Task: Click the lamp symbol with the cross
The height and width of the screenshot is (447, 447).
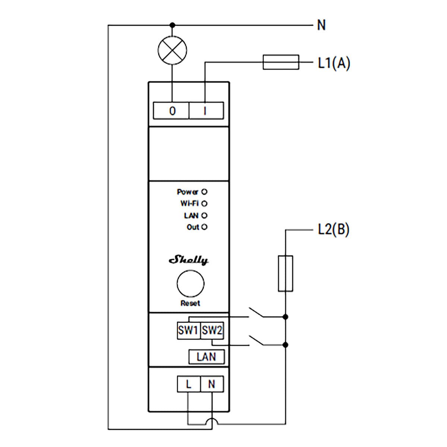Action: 172,50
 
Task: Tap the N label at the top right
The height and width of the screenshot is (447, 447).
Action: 321,25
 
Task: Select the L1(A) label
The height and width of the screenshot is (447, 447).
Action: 334,63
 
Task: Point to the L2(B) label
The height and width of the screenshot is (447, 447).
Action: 334,229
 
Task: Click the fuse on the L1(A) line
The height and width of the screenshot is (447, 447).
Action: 281,62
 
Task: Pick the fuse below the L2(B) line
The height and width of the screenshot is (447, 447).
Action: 285,273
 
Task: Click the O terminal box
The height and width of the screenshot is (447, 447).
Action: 171,111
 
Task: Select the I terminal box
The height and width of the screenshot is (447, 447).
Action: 206,111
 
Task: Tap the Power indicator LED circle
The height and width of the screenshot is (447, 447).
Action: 204,192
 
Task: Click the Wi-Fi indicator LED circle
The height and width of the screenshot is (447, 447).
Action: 204,204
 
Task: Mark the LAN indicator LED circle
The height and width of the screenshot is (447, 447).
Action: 204,216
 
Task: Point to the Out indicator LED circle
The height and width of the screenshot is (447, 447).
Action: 204,227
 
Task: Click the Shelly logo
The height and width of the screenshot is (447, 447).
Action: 189,260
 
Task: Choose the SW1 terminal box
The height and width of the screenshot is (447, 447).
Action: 188,330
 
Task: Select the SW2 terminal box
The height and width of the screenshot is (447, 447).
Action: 212,330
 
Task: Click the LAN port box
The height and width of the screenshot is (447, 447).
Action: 206,357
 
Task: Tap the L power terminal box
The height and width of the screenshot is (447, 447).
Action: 188,384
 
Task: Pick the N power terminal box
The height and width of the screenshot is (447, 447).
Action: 212,384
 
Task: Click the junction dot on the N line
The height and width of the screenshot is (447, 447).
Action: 172,25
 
